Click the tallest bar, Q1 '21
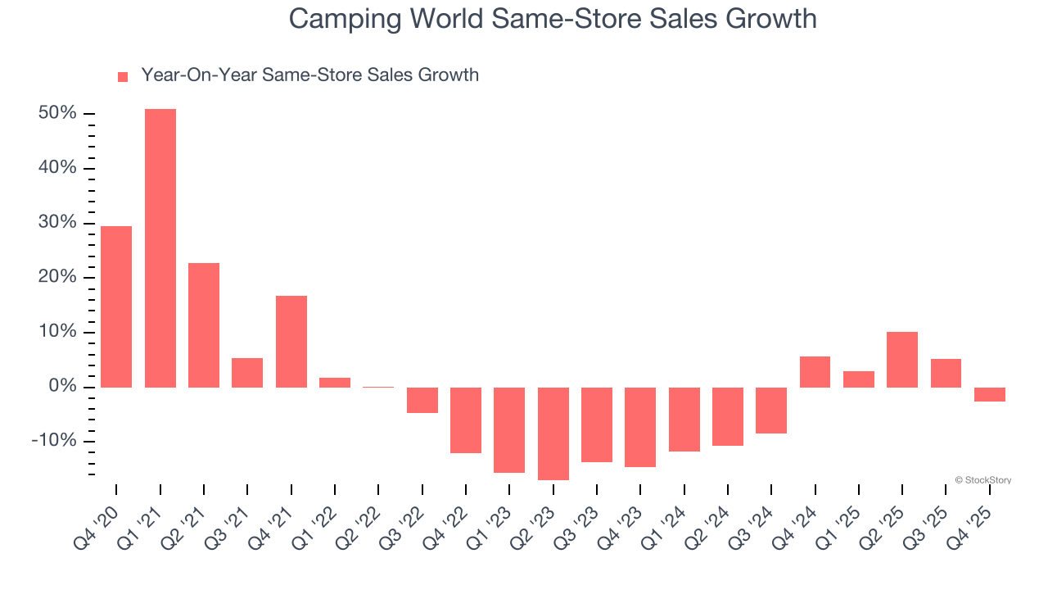pyautogui.click(x=160, y=247)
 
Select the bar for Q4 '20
pyautogui.click(x=116, y=306)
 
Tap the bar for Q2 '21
pyautogui.click(x=204, y=324)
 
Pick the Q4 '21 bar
pyautogui.click(x=291, y=341)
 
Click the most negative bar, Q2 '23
pyautogui.click(x=553, y=433)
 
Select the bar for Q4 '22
pyautogui.click(x=466, y=420)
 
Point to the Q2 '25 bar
pyautogui.click(x=902, y=359)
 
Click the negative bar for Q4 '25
pyautogui.click(x=990, y=394)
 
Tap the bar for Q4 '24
pyautogui.click(x=815, y=371)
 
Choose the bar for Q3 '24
pyautogui.click(x=771, y=410)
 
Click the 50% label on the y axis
pyautogui.click(x=57, y=113)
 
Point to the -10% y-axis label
pyautogui.click(x=54, y=441)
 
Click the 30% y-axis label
pyautogui.click(x=57, y=223)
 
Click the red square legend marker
pyautogui.click(x=123, y=77)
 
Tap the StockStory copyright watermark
pyautogui.click(x=982, y=480)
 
